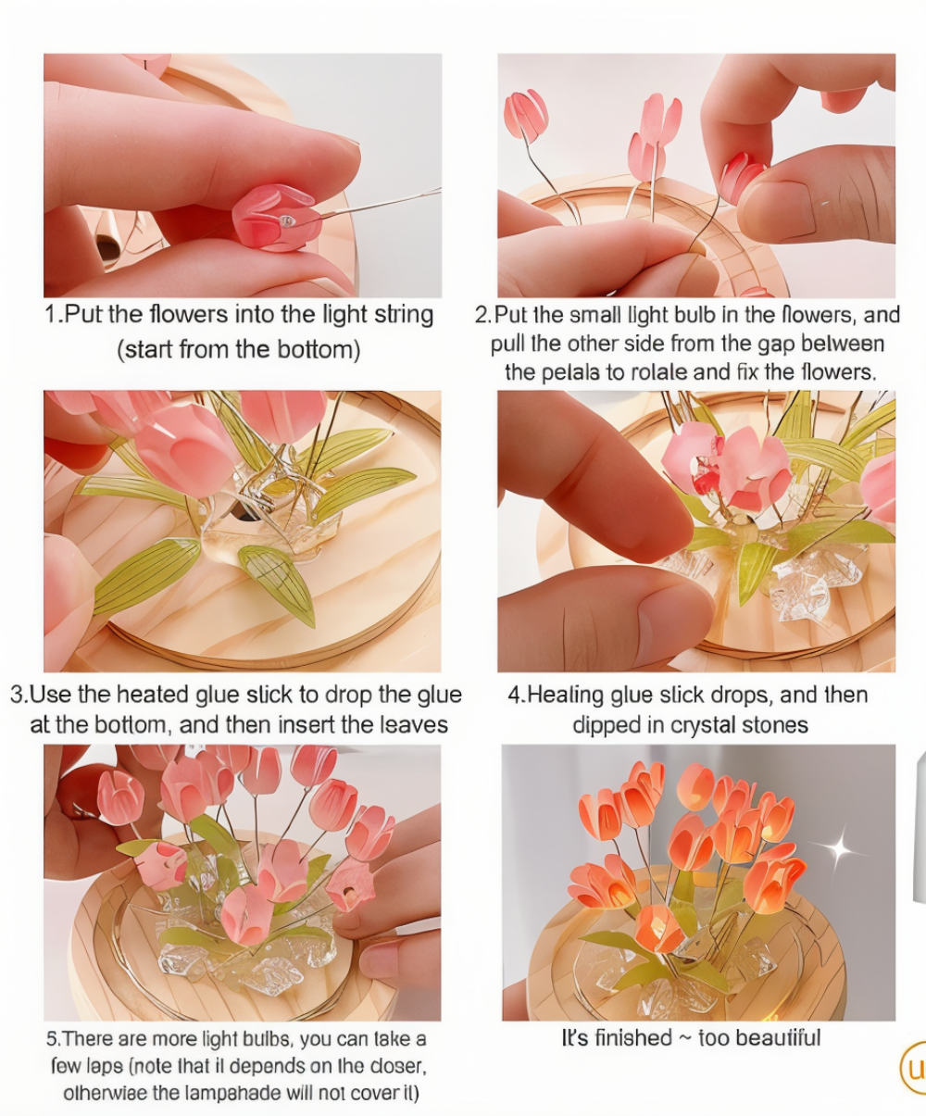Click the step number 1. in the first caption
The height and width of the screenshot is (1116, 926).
[54, 314]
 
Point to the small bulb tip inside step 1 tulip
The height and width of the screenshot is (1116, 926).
[288, 221]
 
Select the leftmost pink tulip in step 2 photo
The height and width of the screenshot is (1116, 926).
[526, 115]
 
